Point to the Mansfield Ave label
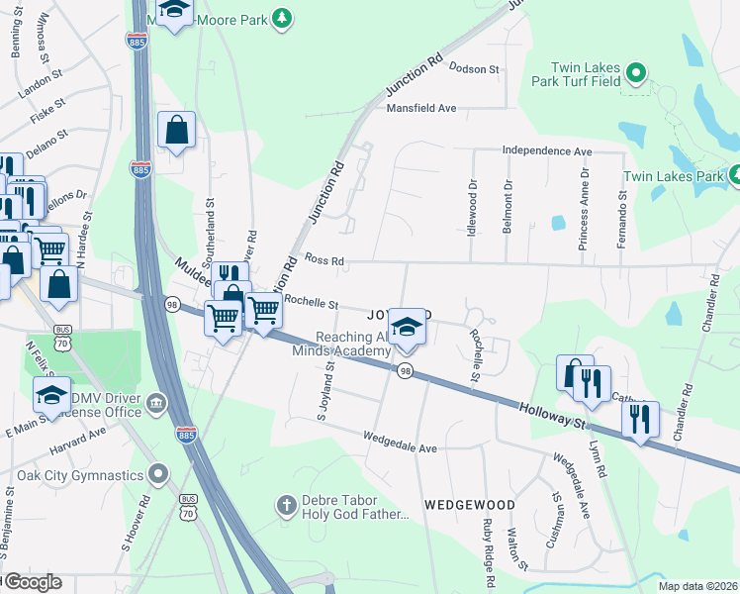point(420,108)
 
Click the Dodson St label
point(475,68)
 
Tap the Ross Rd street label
point(324,261)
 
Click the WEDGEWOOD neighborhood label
point(470,505)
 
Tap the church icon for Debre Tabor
point(287,505)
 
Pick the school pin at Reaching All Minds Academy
point(406,326)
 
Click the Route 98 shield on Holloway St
point(405,370)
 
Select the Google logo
point(34,582)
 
